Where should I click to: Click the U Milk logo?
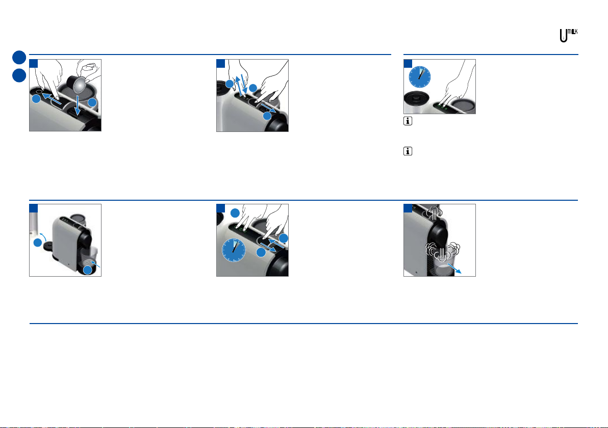pos(568,36)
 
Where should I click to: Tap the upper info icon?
pos(408,121)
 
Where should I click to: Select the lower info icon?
pos(408,151)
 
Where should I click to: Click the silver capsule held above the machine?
pos(81,85)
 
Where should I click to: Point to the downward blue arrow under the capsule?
pos(78,105)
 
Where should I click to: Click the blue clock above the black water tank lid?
pos(420,77)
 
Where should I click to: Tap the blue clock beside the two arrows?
pos(234,250)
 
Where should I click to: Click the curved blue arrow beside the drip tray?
pos(43,236)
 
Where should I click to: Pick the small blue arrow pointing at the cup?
pos(95,264)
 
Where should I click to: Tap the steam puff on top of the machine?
pos(434,212)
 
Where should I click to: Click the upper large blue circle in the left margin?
pos(19,58)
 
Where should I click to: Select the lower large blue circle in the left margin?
pos(19,75)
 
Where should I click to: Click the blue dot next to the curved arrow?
pos(37,243)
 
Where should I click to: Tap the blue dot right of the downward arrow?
pos(92,102)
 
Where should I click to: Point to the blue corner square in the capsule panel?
pos(34,64)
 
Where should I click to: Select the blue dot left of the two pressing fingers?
pos(235,213)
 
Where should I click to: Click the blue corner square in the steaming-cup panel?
pos(408,208)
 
